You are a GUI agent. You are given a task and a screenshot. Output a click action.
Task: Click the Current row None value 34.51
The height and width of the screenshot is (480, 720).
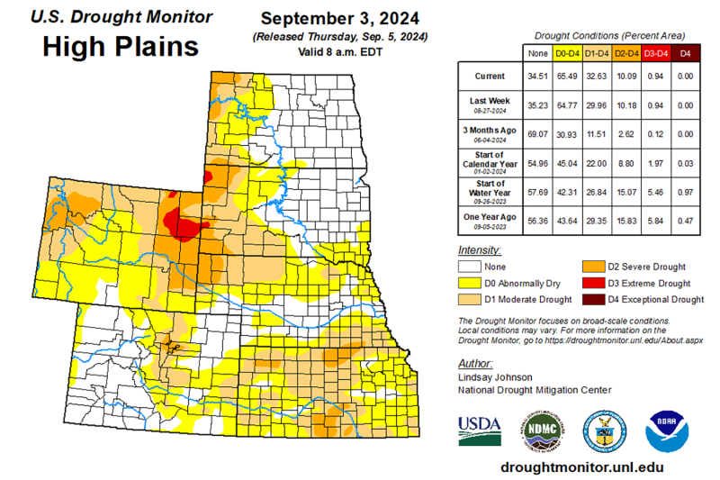coord(538,75)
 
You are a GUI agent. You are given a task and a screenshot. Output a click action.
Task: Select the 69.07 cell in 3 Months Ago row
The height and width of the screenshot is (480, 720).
coord(538,132)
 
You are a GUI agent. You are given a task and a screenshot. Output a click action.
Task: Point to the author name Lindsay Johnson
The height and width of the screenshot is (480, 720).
coord(496,377)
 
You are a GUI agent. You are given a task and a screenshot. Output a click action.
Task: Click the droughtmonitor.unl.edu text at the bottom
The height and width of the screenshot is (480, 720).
coord(581,466)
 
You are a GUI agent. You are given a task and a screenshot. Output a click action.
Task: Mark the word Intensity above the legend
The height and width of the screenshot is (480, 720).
coord(479,249)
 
